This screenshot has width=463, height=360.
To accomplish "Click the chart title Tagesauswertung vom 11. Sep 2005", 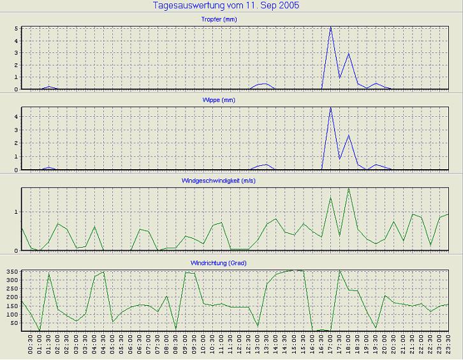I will (226, 6).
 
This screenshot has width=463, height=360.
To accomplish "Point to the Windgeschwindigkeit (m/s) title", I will (235, 181).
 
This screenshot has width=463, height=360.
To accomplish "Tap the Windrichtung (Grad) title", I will (235, 263).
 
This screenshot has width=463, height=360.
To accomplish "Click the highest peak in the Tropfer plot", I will (330, 27).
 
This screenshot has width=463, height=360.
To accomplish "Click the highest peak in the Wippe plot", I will (330, 107).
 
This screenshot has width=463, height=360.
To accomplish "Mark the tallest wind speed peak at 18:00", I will (348, 188).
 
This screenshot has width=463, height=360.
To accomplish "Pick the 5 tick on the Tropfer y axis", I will (17, 29).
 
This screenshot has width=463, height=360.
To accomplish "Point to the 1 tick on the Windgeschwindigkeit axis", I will (17, 212).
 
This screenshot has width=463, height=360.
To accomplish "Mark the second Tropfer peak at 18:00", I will (348, 54).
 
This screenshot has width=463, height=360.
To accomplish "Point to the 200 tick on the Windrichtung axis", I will (12, 297).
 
